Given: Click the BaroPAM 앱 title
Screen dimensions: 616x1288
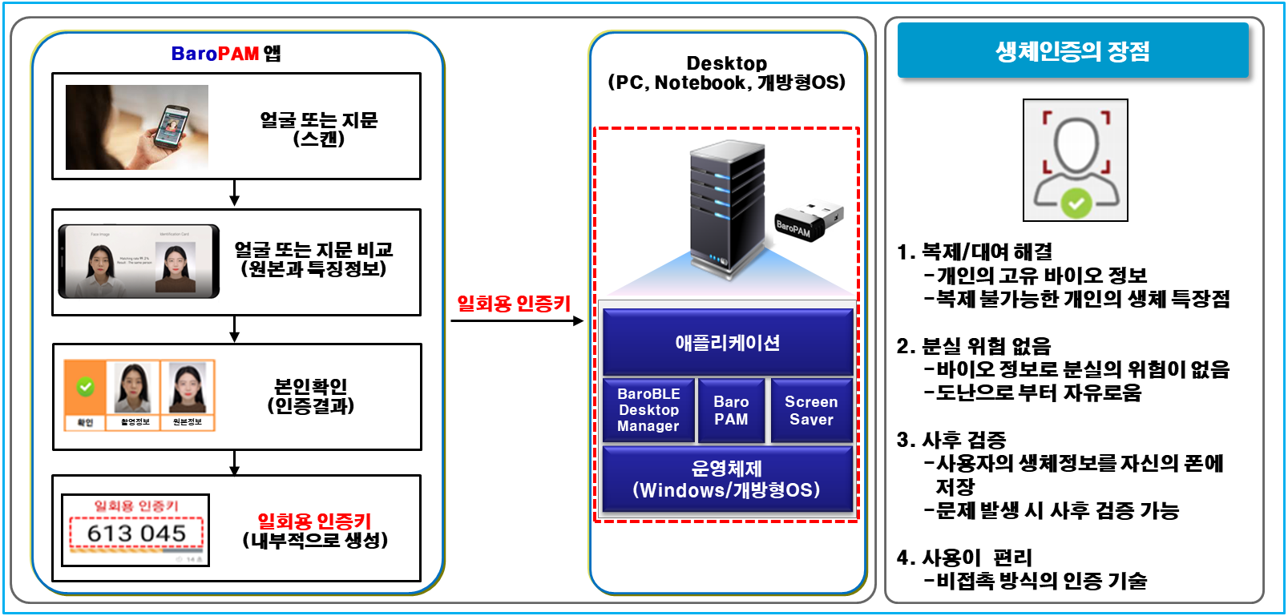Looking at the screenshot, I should pyautogui.click(x=226, y=54).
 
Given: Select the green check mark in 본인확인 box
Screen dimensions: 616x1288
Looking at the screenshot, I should pyautogui.click(x=85, y=387).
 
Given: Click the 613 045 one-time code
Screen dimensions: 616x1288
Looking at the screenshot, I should pyautogui.click(x=136, y=533).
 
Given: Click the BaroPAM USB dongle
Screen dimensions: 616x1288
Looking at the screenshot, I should pyautogui.click(x=807, y=220).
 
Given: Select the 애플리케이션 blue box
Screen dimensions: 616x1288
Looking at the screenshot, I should pyautogui.click(x=727, y=343).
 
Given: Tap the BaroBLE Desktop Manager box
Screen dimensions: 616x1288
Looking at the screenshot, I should pyautogui.click(x=648, y=410).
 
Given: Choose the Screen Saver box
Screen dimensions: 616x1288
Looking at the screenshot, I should pyautogui.click(x=811, y=410).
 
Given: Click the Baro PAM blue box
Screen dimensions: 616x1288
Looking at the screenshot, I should pyautogui.click(x=731, y=410).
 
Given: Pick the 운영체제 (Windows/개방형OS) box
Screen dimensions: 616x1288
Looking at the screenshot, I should pyautogui.click(x=727, y=479).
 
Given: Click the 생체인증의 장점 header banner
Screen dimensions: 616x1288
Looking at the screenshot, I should pyautogui.click(x=1072, y=51).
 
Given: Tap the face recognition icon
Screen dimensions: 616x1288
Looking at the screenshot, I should pyautogui.click(x=1076, y=160).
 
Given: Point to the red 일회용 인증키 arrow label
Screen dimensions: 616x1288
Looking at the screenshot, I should pyautogui.click(x=514, y=304).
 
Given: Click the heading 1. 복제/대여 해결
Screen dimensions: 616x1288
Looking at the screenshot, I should pyautogui.click(x=975, y=252).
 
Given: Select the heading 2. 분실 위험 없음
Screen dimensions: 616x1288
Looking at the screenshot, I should pyautogui.click(x=974, y=346).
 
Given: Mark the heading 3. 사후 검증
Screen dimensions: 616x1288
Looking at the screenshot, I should pyautogui.click(x=951, y=440).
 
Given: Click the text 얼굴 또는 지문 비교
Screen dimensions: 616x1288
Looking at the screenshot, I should pyautogui.click(x=313, y=250).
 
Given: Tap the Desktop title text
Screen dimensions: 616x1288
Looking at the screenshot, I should pyautogui.click(x=727, y=63).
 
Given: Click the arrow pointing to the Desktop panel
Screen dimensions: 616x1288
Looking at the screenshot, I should pyautogui.click(x=518, y=321).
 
